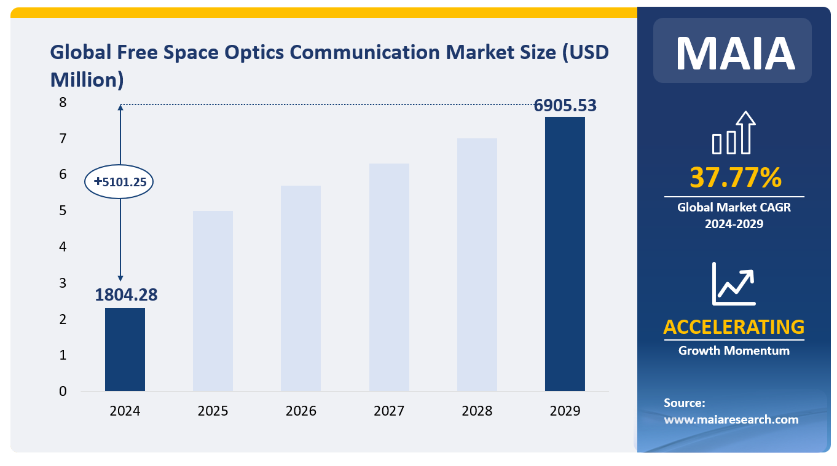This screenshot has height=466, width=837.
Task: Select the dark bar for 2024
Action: (x=125, y=349)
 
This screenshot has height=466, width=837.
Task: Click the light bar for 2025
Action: (x=213, y=301)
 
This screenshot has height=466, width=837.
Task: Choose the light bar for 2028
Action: (x=477, y=264)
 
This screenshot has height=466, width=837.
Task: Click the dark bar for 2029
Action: (x=565, y=253)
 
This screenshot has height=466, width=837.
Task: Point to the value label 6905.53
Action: (x=565, y=105)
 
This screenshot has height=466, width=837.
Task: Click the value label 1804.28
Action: (x=126, y=294)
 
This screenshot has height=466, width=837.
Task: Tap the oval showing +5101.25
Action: (x=120, y=182)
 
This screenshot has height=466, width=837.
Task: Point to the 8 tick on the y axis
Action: (x=62, y=103)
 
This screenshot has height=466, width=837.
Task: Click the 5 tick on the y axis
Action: (x=62, y=211)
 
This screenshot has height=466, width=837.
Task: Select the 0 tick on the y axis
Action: (x=62, y=391)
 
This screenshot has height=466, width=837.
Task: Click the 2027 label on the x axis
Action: (x=389, y=411)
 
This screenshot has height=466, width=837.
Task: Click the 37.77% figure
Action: (x=734, y=178)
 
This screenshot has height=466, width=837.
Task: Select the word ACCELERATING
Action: (x=734, y=326)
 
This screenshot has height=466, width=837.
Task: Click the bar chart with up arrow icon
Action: (x=733, y=133)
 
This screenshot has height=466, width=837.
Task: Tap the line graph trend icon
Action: (x=733, y=283)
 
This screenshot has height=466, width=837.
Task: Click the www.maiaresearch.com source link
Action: (x=731, y=420)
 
